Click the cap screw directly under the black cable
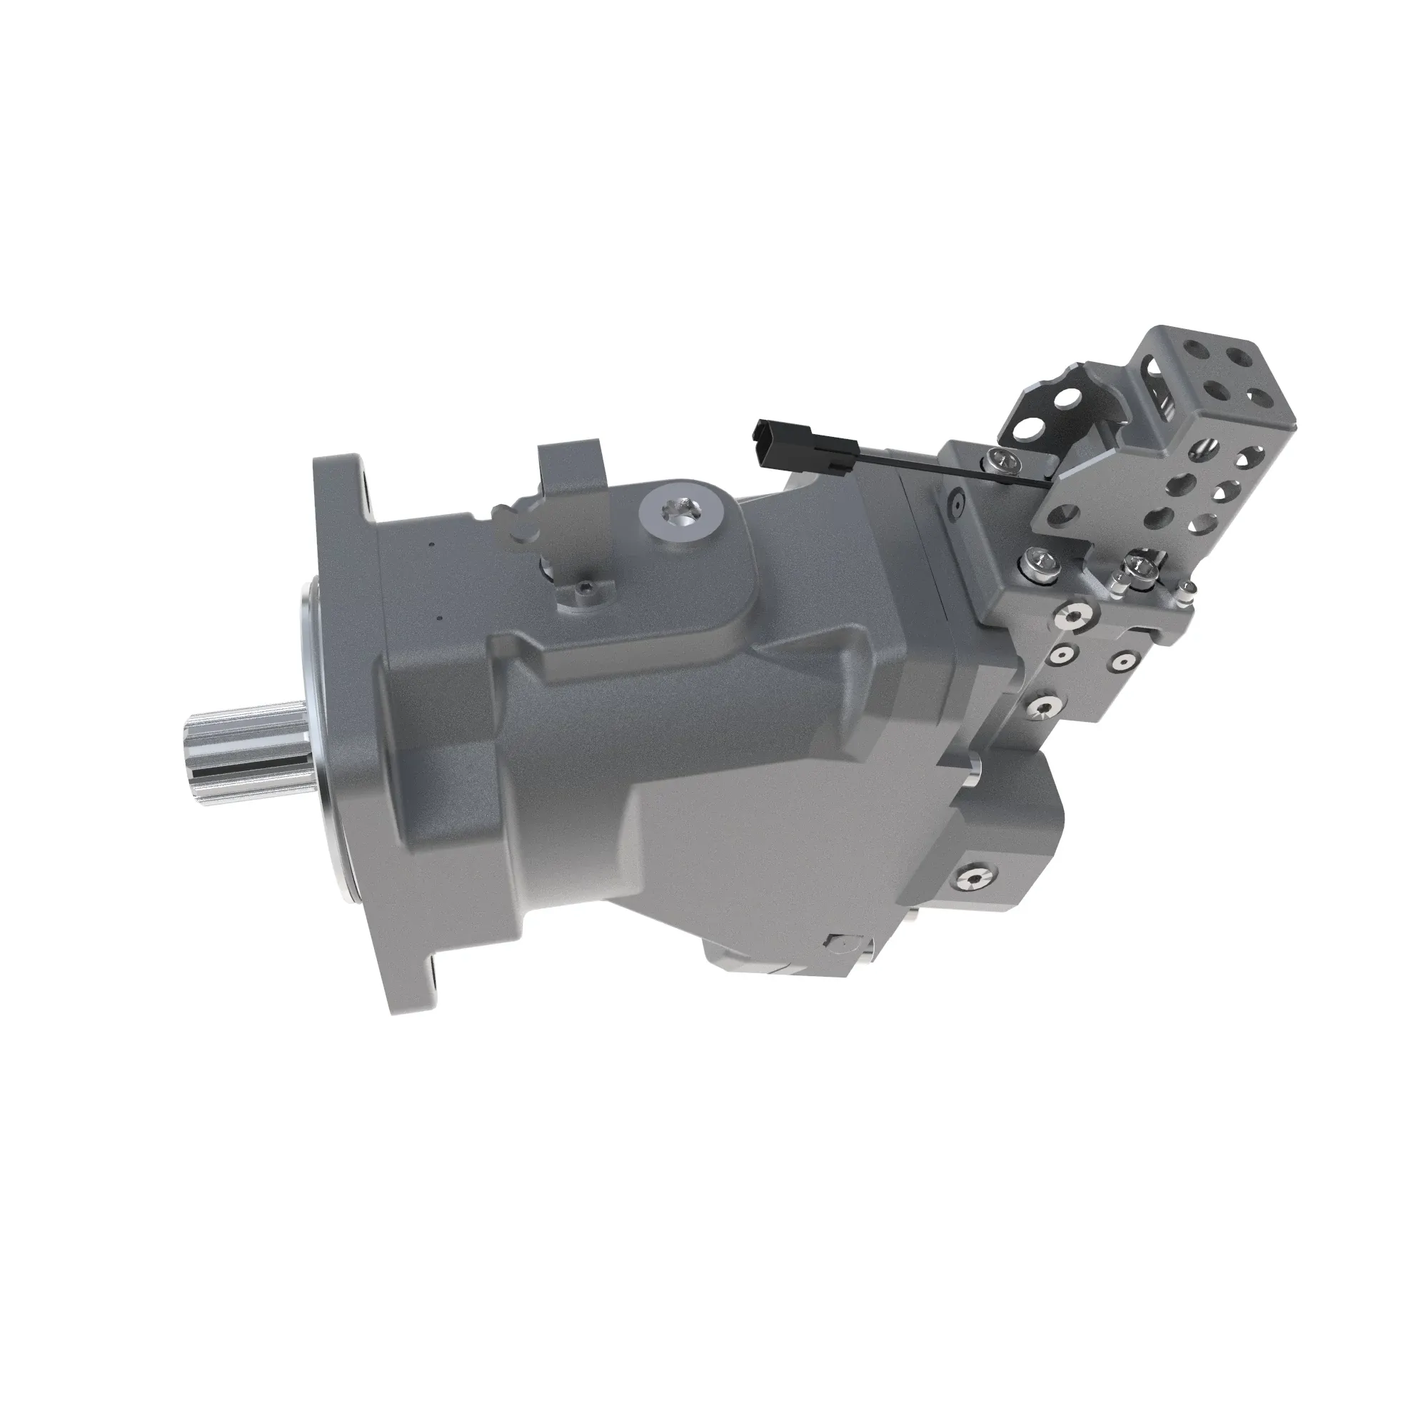1002,462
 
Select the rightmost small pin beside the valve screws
1185,588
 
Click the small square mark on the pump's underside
840,942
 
